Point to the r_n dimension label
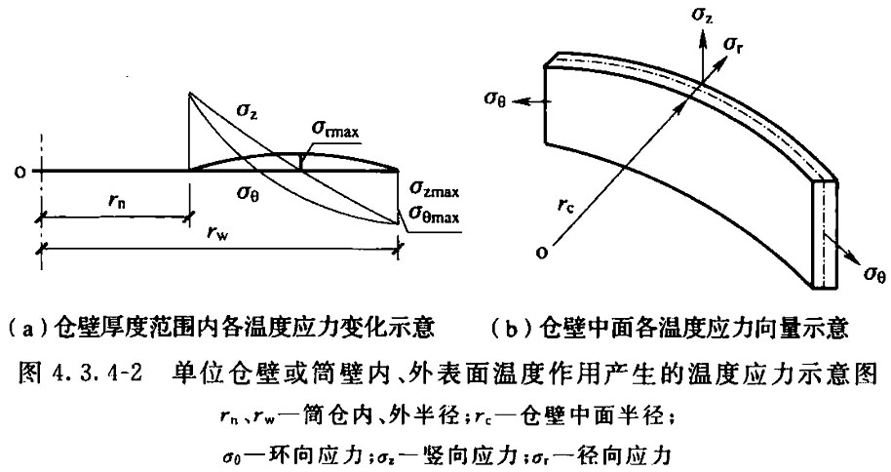[116, 200]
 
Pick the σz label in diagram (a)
[246, 112]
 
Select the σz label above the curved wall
[702, 15]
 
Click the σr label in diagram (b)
[733, 44]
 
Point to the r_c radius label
[566, 207]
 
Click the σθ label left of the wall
[495, 98]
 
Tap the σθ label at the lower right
[875, 273]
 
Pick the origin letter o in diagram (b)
[542, 252]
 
